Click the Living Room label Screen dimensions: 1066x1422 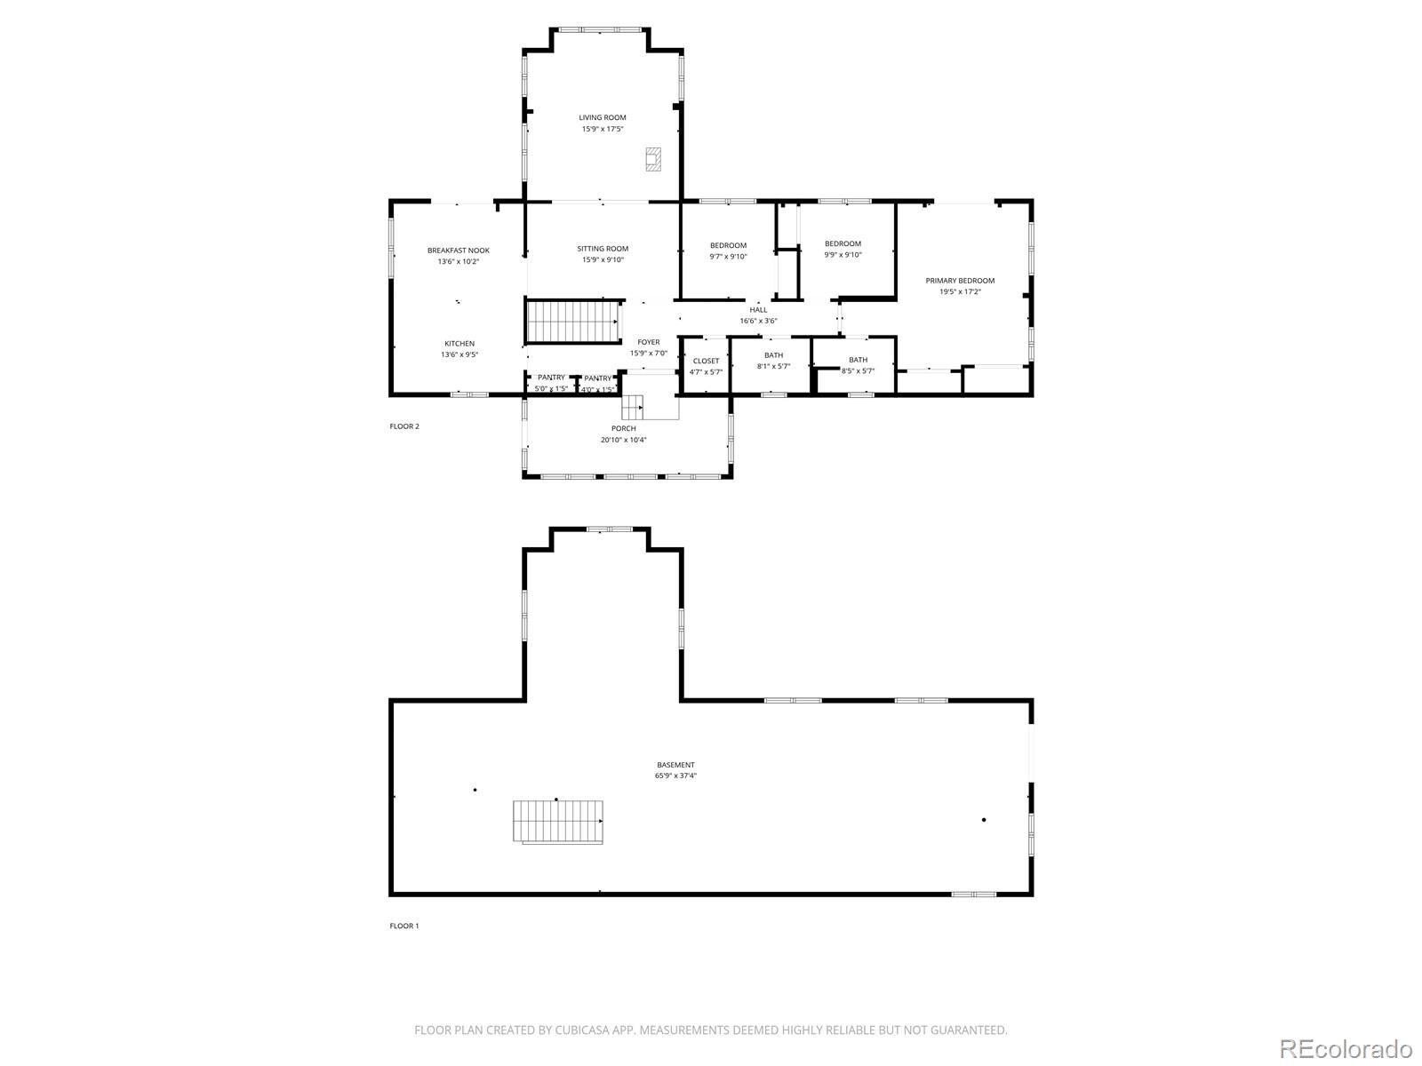[603, 117]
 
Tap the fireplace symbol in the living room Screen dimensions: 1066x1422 [653, 159]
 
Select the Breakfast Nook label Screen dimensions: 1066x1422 [458, 251]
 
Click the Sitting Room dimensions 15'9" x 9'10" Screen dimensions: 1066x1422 [603, 260]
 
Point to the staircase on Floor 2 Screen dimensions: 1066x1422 [572, 321]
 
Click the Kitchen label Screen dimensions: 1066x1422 [459, 344]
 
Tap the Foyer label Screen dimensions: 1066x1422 [649, 342]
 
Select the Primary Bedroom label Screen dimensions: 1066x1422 [960, 281]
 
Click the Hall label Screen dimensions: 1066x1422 [758, 310]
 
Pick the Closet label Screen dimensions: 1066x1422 [706, 361]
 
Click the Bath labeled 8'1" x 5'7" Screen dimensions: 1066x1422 [773, 355]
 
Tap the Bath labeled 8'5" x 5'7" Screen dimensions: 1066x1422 [858, 360]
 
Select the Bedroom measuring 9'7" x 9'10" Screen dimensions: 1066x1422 [728, 245]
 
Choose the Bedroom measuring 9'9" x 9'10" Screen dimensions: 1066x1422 [843, 243]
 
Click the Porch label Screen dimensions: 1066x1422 [623, 428]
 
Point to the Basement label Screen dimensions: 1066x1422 [675, 765]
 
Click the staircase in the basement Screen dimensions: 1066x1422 [558, 822]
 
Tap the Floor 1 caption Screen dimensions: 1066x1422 [403, 926]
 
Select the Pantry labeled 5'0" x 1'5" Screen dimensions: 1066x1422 [551, 378]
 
